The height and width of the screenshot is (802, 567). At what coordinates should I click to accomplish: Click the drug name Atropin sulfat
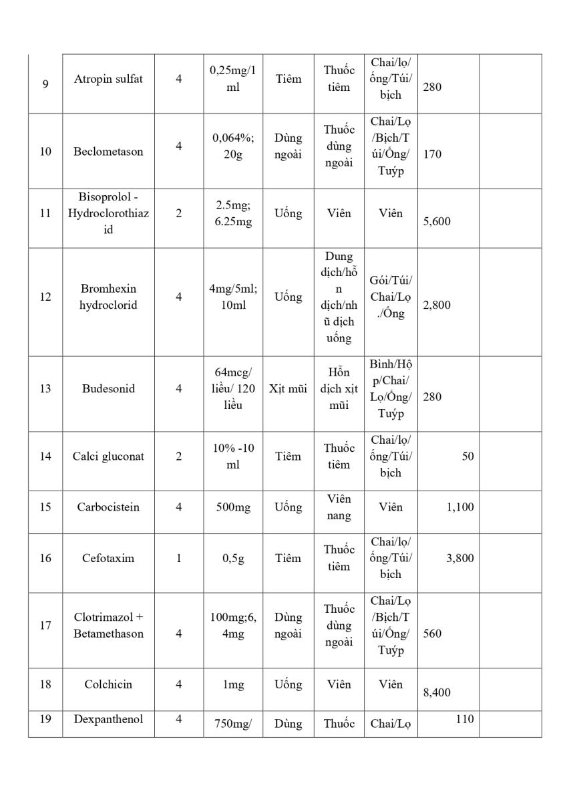coord(108,79)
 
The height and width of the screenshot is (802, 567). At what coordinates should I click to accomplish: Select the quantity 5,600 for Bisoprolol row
coord(437,221)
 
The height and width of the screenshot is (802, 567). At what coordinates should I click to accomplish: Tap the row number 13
coord(45,388)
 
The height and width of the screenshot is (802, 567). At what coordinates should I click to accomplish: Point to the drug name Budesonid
coord(108,388)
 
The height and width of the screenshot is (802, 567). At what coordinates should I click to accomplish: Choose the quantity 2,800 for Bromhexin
coord(437,305)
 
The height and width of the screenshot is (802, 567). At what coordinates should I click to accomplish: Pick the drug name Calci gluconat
coord(108,456)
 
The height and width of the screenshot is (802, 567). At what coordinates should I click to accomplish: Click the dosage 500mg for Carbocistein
coord(233,507)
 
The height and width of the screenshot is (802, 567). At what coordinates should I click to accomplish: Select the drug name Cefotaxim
coord(108,558)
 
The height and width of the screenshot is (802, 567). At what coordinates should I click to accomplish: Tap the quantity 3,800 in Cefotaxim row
coord(460,558)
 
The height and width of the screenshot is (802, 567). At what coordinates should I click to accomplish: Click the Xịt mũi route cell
coord(288,388)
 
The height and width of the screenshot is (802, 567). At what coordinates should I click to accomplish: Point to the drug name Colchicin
coord(108,684)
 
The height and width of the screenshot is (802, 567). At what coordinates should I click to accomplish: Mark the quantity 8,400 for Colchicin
coord(437,692)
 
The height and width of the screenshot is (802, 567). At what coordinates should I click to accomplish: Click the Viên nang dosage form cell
coord(339,507)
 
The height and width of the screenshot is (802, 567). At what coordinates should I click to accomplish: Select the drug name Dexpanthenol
coord(108,720)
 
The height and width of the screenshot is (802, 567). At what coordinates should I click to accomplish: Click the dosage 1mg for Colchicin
coord(233,684)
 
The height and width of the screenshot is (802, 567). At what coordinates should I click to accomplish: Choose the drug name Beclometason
coord(108,152)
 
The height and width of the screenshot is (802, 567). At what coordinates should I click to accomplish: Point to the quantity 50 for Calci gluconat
coord(467,456)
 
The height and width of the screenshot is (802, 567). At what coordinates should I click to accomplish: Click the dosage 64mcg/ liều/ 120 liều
coord(233,388)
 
